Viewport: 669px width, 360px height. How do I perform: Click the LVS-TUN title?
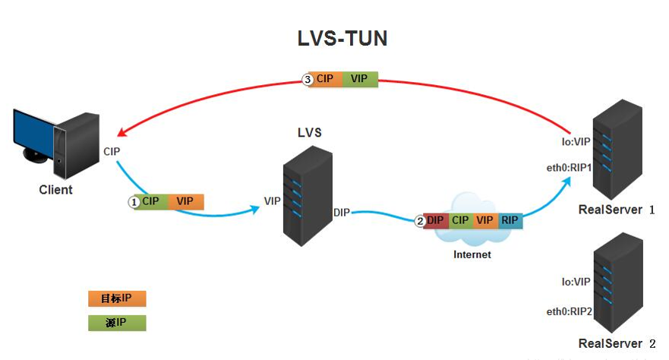pyautogui.click(x=342, y=39)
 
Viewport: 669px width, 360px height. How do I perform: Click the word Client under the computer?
pyautogui.click(x=55, y=190)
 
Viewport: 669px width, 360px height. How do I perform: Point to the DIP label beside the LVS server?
pyautogui.click(x=342, y=213)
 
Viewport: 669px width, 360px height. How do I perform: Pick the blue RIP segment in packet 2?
pyautogui.click(x=510, y=220)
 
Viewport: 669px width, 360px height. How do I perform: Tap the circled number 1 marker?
pyautogui.click(x=134, y=202)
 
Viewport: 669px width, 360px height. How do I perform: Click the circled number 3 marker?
pyautogui.click(x=308, y=79)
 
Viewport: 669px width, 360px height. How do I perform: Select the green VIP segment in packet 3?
pyautogui.click(x=359, y=79)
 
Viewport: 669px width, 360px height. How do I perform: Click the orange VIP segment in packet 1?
pyautogui.click(x=185, y=201)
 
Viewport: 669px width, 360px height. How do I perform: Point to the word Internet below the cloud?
pyautogui.click(x=472, y=255)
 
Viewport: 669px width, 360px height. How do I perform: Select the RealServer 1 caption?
pyautogui.click(x=617, y=210)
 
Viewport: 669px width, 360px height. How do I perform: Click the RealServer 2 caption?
pyautogui.click(x=617, y=344)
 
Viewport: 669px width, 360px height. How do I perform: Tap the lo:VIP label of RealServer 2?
pyautogui.click(x=576, y=282)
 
